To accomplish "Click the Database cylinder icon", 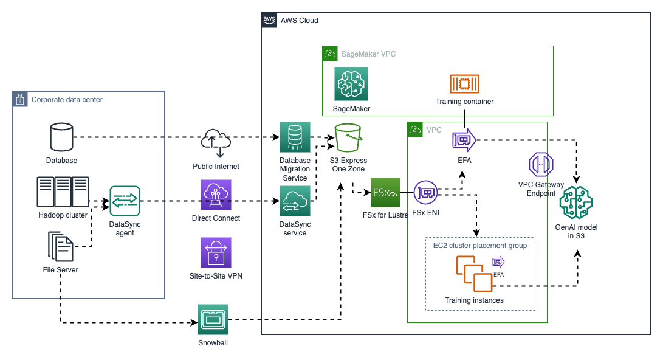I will (61, 137).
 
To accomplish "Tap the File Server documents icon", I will (60, 247).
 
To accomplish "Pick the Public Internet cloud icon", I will (216, 143).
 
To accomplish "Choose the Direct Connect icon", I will (216, 195).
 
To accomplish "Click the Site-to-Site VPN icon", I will (216, 252).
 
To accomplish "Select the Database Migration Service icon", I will (295, 137).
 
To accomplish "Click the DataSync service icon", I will (295, 201).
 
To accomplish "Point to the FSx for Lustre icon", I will (385, 193).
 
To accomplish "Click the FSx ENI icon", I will (427, 193).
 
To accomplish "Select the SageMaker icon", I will (351, 83).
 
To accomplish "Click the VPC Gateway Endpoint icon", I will (540, 164).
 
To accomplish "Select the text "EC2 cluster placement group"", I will (479, 246).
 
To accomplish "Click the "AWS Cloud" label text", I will (299, 21).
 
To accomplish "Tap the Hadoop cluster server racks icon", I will (63, 192).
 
